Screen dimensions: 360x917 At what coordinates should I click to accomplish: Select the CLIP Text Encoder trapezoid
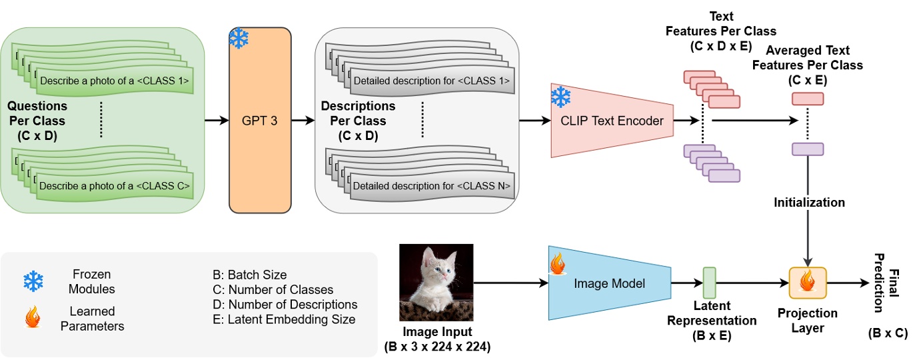click(612, 121)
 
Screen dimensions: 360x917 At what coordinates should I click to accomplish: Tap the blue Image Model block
click(609, 283)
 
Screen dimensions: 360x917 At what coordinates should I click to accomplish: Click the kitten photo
click(437, 283)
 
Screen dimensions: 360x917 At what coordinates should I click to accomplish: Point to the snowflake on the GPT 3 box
click(239, 39)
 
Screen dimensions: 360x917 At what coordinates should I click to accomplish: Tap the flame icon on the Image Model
click(556, 264)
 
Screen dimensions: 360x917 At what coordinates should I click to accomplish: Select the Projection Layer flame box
click(808, 283)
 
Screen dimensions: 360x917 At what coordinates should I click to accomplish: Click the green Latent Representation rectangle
click(709, 283)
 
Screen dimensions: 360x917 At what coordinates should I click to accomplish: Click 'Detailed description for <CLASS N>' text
click(432, 186)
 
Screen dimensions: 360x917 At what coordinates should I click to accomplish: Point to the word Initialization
click(809, 202)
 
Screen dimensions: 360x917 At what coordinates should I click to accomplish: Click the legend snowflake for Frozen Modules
click(33, 281)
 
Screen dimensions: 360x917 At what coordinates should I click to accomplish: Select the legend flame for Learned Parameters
click(33, 318)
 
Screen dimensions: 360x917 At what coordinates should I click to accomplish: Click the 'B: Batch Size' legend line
click(249, 275)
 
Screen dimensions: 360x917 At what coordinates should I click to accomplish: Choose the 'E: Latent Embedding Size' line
click(283, 319)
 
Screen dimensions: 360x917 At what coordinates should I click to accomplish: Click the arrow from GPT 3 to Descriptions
click(303, 121)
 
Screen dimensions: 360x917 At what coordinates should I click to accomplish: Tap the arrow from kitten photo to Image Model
click(510, 283)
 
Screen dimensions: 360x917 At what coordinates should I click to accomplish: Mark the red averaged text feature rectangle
click(808, 99)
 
